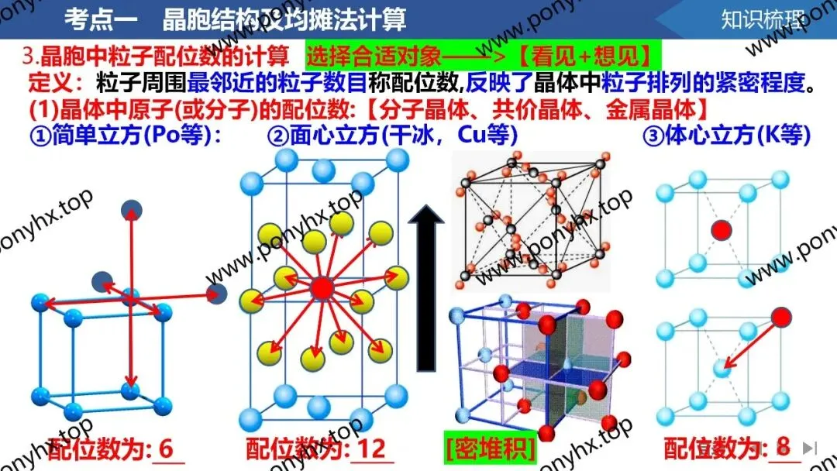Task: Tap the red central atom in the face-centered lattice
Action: coord(321,288)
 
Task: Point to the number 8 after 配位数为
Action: coord(783,448)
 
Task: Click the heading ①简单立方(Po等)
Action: coord(126,136)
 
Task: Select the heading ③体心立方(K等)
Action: coord(726,136)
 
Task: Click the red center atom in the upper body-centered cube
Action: coord(722,229)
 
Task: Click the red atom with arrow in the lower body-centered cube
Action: coord(780,317)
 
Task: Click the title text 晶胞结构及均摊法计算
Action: coord(284,19)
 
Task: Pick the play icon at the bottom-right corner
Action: coord(809,448)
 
